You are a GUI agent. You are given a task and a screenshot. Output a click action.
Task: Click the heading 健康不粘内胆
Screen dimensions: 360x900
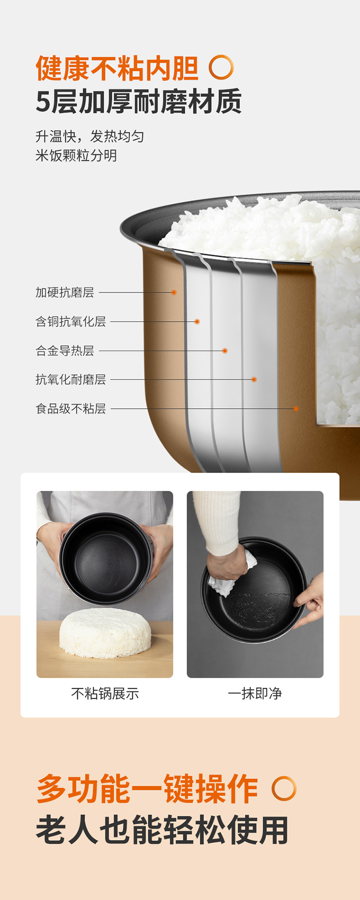point(117,68)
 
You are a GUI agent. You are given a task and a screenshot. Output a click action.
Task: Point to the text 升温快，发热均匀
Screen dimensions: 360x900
point(90,136)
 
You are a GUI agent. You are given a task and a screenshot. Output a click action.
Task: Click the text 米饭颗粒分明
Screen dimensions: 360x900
point(76,156)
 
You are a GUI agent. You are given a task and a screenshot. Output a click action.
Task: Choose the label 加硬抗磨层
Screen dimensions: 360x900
point(65,292)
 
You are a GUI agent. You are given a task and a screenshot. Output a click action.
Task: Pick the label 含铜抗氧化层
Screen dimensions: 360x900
point(71,321)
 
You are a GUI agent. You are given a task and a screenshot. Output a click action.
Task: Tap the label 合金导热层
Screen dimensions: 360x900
point(65,351)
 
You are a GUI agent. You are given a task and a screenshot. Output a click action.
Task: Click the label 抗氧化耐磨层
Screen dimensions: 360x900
point(71,379)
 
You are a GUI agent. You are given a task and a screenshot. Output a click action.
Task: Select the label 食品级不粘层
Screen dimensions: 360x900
point(71,409)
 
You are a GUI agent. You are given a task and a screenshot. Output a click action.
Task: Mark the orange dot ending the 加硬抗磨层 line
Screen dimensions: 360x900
point(174,292)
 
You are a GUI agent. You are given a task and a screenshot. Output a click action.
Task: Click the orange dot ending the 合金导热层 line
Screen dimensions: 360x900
point(225,351)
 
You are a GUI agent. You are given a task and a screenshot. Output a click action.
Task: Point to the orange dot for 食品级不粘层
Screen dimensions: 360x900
point(296,409)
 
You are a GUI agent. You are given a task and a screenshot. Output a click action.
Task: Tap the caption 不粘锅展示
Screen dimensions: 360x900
point(105,693)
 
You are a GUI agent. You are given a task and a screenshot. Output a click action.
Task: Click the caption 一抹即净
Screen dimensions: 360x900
point(255,693)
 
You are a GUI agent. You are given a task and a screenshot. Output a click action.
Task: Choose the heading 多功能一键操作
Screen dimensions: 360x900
point(147,789)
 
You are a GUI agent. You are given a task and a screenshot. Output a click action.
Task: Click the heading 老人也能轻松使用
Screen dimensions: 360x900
point(162,830)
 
